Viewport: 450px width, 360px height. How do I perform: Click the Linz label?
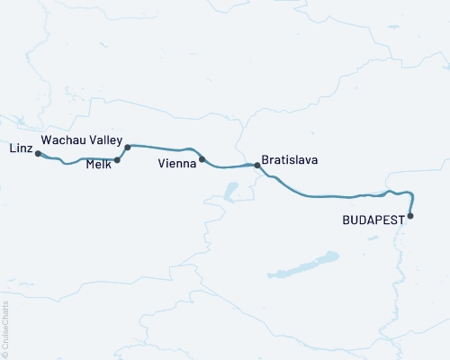20,147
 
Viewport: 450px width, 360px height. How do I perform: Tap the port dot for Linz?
38,154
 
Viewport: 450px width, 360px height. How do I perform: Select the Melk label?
98,164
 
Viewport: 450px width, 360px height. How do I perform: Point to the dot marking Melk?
118,160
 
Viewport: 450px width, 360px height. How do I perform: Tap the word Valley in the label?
102,141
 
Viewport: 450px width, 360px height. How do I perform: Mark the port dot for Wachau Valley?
128,147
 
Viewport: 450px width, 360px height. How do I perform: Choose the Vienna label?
175,164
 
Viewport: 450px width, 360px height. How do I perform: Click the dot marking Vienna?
202,159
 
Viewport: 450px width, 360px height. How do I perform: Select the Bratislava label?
289,160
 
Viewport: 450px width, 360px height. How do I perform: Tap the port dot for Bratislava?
257,165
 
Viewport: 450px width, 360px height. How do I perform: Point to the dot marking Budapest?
410,215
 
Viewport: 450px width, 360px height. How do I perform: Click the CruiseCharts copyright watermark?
5,328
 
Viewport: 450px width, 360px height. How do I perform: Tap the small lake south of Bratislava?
230,191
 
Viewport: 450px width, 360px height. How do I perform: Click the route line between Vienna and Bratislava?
229,166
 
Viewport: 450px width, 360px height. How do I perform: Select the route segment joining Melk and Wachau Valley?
122,153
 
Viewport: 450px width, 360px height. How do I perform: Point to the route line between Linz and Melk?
81,162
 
